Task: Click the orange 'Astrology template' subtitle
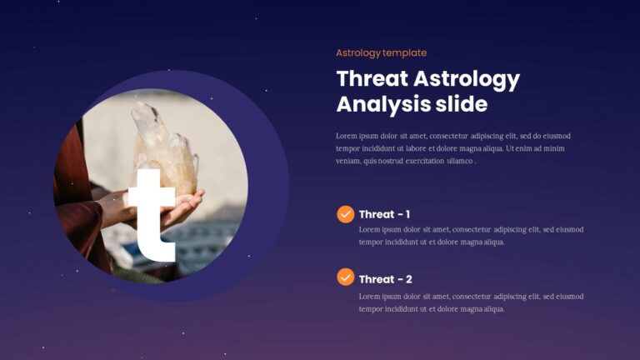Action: (x=381, y=52)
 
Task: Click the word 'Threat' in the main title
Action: (x=372, y=79)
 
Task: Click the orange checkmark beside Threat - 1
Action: (x=345, y=214)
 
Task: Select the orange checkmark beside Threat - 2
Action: (x=345, y=277)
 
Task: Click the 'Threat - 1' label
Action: (x=384, y=214)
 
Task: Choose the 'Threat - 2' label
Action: (x=385, y=279)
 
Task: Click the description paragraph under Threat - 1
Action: (x=471, y=236)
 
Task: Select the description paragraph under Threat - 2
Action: (x=471, y=302)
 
